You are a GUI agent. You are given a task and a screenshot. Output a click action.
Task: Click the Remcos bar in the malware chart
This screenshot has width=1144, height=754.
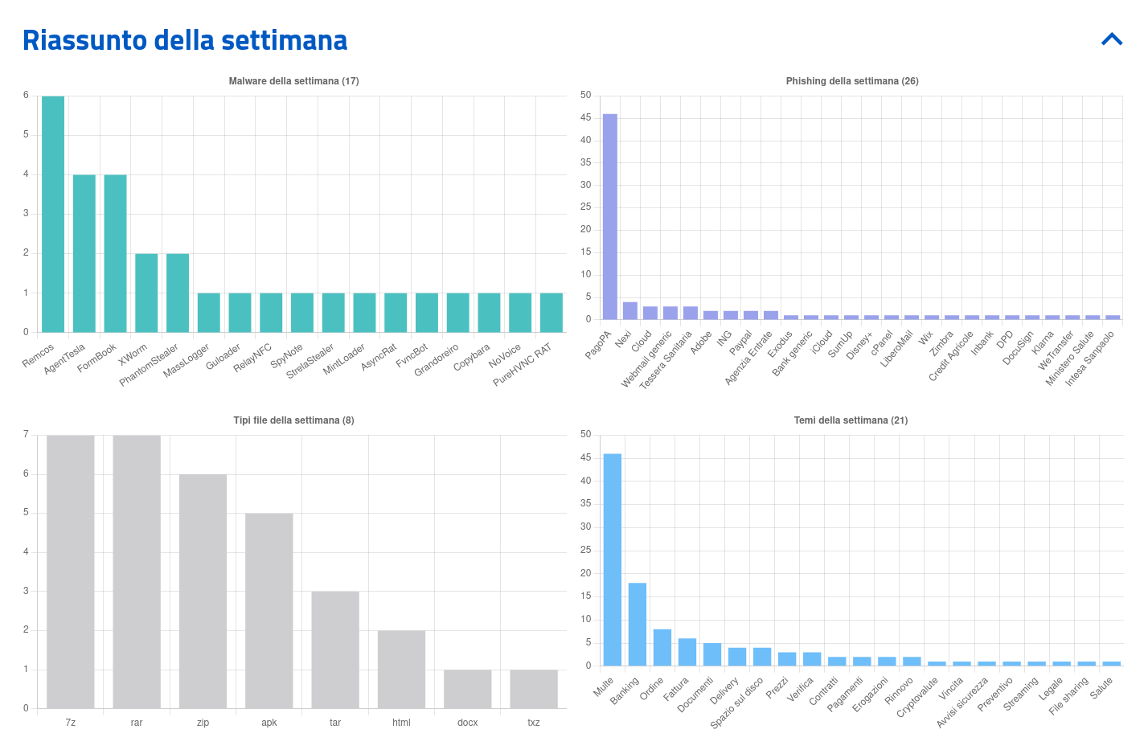point(53,214)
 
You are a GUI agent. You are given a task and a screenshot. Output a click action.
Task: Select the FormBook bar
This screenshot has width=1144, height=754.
point(115,253)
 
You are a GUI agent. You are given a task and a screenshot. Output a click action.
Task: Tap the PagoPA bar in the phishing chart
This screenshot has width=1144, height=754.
point(610,217)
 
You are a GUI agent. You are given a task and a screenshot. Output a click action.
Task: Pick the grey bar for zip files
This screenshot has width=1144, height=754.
point(203,591)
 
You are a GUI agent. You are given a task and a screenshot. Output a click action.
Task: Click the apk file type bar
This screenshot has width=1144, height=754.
point(269,611)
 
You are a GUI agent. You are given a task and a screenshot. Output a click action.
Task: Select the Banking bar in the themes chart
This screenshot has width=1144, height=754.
point(638,625)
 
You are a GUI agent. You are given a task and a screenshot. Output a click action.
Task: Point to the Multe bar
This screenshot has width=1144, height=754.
point(613,560)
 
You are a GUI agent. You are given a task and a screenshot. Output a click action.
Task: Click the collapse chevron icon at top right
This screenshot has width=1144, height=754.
point(1112,39)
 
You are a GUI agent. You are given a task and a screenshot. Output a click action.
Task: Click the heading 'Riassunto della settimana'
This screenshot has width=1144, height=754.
point(185,40)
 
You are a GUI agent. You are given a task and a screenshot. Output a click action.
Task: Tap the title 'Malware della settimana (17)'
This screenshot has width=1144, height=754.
point(293,81)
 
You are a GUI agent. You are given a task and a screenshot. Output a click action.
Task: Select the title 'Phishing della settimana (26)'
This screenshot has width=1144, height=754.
point(852,81)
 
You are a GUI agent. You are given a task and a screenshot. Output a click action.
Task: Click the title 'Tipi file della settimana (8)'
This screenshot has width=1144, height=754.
point(293,420)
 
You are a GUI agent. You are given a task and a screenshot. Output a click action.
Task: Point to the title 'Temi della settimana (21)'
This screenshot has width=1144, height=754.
point(851,420)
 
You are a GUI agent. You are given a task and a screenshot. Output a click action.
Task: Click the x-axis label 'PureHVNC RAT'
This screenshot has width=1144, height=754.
point(523,364)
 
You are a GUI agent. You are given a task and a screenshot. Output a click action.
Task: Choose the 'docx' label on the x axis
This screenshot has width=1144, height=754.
point(467,723)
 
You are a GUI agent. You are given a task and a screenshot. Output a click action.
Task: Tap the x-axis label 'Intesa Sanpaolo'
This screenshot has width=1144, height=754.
point(1090,359)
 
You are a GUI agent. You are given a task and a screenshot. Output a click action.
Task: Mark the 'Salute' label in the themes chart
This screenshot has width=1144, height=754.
point(1102,687)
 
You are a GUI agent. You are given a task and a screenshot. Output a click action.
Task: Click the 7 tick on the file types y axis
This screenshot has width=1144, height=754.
point(26,435)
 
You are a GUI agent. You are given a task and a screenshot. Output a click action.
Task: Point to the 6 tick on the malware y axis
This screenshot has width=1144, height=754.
point(26,95)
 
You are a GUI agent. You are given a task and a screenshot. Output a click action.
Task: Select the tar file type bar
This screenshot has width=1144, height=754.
point(335,650)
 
